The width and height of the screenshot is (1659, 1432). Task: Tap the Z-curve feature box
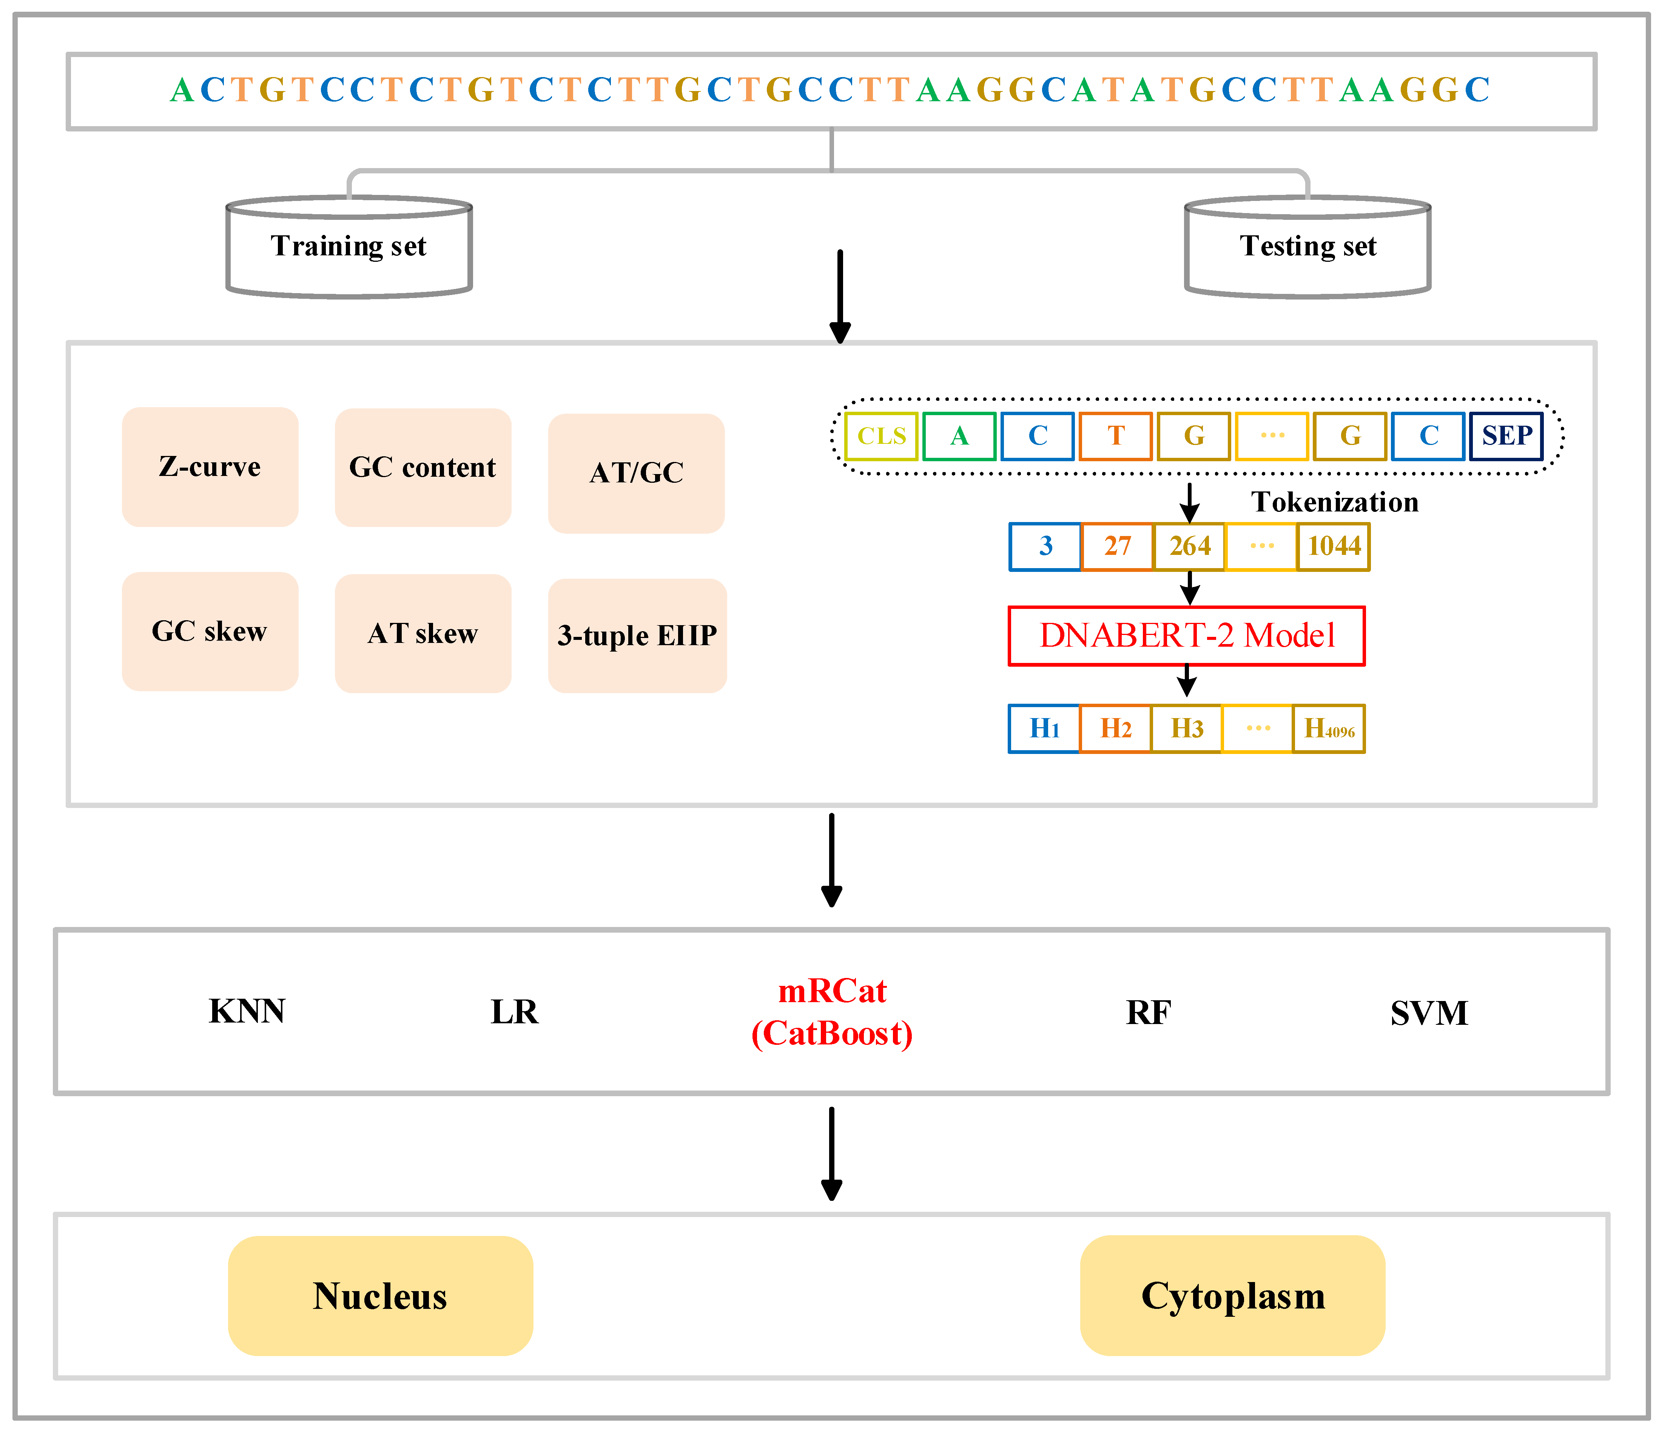(210, 467)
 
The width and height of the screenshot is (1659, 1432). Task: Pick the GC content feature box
(423, 468)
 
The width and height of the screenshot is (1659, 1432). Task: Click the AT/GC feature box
(637, 473)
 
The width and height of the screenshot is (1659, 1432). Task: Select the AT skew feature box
(423, 633)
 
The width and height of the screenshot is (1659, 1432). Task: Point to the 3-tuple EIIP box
(637, 636)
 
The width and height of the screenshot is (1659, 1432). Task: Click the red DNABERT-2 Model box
(1187, 636)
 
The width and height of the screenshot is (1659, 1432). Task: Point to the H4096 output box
(1328, 729)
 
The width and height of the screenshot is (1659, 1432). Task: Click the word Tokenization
(1335, 502)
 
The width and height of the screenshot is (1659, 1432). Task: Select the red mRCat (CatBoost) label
(832, 1012)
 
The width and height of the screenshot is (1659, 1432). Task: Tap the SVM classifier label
(1429, 1013)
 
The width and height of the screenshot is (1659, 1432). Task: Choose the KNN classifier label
(247, 1012)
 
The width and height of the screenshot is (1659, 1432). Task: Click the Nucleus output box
(380, 1296)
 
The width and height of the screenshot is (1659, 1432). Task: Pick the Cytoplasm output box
(1232, 1296)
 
